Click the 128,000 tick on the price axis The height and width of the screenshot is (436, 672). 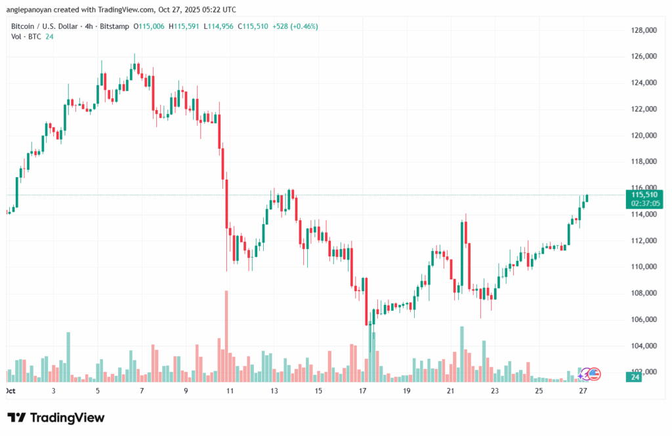coord(644,30)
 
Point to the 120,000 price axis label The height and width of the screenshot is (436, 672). coord(644,136)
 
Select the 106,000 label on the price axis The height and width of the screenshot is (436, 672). coord(644,319)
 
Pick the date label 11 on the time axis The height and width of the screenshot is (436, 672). coord(230,391)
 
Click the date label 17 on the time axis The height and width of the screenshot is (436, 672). coord(362,391)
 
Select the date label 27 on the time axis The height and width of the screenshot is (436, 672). coord(583,391)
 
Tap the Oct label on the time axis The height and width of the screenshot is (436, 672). coord(10,391)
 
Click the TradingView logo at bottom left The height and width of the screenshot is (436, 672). coord(56,418)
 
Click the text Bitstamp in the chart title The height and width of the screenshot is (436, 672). coord(114,27)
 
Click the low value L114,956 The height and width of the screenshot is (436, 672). coord(220,27)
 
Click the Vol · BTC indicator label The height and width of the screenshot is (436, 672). coord(26,37)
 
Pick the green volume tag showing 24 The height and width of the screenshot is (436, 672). coord(636,377)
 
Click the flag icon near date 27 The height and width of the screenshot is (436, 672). coord(593,374)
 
